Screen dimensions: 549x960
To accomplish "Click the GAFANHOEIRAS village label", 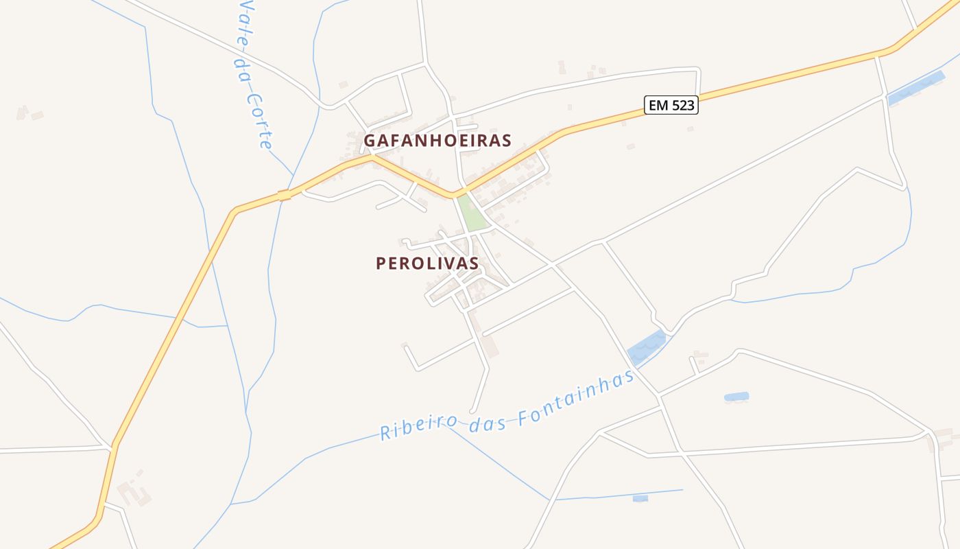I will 437,140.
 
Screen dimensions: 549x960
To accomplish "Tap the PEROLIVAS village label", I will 427,264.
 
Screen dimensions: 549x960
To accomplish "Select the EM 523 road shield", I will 671,105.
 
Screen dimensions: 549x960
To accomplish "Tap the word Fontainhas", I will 577,399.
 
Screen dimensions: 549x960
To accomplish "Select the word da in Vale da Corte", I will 242,71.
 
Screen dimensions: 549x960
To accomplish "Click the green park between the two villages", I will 472,213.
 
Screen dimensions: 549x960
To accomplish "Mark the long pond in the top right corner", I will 915,89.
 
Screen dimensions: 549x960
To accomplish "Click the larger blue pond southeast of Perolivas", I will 647,347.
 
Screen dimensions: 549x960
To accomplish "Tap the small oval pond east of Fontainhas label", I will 736,397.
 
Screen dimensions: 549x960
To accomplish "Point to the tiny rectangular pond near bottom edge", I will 640,498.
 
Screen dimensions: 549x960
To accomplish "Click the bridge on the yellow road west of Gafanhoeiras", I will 284,196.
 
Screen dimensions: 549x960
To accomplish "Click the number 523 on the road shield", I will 681,105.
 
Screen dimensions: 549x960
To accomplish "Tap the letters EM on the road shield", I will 657,105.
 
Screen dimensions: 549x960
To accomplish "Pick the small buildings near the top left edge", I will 29,113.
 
